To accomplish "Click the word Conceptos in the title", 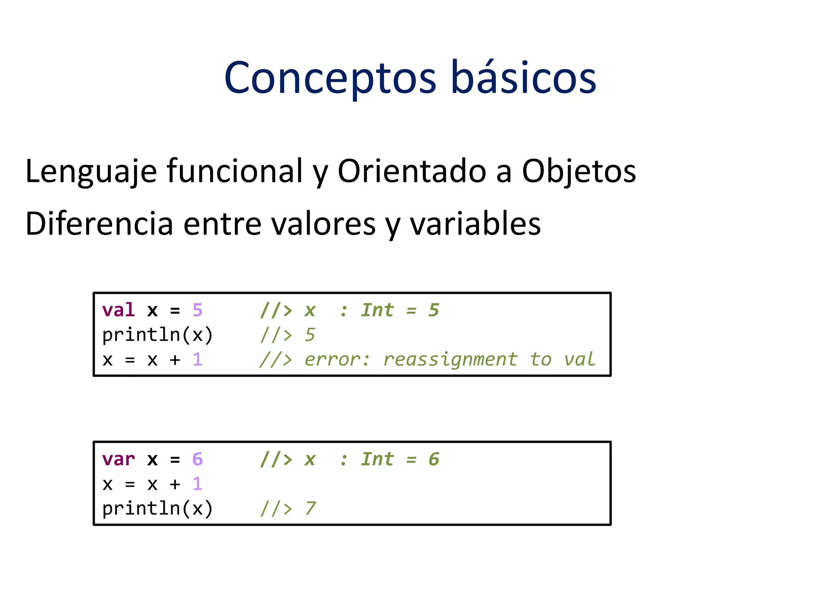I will click(x=330, y=78).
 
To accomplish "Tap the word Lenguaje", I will click(x=91, y=172).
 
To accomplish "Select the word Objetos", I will click(x=578, y=172).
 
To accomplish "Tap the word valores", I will click(x=324, y=223).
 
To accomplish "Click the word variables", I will click(x=475, y=223).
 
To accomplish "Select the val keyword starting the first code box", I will click(x=118, y=310).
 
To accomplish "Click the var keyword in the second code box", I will click(x=118, y=459).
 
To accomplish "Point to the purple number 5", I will click(x=197, y=310).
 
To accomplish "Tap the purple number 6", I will click(x=197, y=459).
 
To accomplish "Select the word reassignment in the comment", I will click(x=450, y=359).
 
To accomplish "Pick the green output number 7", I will click(x=310, y=509).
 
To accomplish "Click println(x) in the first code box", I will click(x=158, y=335).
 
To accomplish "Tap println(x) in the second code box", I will click(x=158, y=509).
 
